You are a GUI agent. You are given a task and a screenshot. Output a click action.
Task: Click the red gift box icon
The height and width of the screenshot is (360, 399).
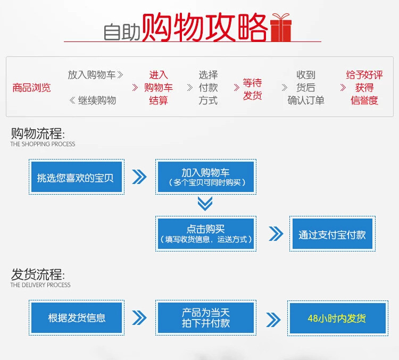tap(281, 28)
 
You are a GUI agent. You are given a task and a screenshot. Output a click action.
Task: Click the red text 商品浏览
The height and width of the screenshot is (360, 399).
tap(31, 88)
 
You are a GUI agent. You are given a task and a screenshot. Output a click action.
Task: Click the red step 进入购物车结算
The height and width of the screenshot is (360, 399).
tap(159, 88)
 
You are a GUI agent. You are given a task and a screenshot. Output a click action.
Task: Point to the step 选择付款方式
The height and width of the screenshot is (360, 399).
tap(208, 88)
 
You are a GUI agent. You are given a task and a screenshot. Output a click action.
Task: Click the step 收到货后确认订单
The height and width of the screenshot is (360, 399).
tap(306, 88)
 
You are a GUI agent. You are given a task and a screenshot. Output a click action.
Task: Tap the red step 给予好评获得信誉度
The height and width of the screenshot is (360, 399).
tap(364, 88)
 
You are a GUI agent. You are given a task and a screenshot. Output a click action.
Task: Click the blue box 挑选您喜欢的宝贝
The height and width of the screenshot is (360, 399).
tap(76, 177)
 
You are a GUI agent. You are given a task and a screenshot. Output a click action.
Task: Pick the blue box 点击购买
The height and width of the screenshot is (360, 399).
tap(206, 233)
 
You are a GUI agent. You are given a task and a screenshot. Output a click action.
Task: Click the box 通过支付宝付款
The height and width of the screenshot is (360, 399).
tap(332, 234)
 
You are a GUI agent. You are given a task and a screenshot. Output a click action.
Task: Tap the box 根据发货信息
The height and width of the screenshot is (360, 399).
tap(77, 318)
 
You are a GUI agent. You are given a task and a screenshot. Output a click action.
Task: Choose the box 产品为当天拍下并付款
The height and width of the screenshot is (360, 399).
tap(206, 318)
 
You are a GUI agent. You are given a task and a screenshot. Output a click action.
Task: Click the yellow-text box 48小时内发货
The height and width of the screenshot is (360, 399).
tap(337, 319)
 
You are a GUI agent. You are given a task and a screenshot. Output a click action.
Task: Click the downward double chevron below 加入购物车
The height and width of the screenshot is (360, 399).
tap(205, 204)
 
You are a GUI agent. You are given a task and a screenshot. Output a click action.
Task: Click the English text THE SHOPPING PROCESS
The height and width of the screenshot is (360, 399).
tap(43, 144)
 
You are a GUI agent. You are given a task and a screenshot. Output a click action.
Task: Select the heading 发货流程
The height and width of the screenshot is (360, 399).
tap(37, 275)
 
